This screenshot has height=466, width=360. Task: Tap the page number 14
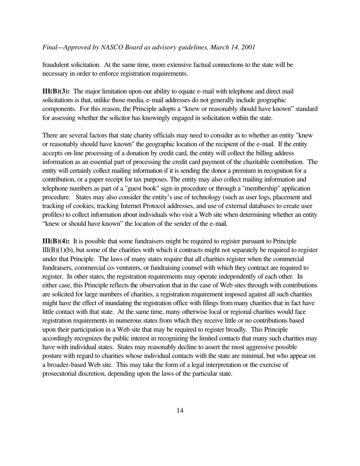point(180,410)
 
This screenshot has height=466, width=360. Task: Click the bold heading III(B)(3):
point(56,91)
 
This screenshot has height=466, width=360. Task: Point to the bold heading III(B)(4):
point(56,241)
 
